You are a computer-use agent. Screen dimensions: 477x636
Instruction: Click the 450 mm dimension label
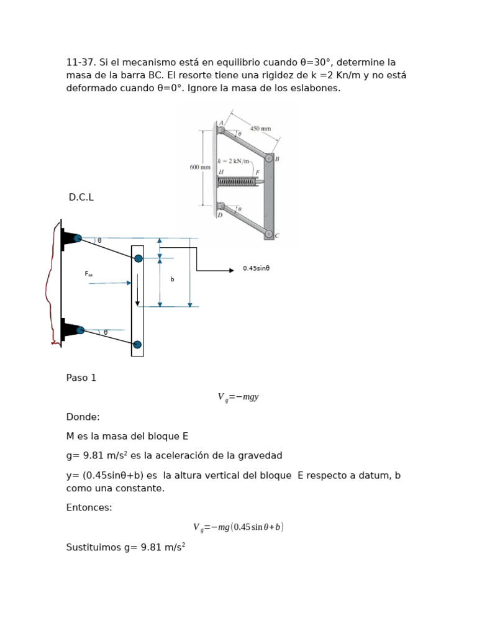click(261, 129)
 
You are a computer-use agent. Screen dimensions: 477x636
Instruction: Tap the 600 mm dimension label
click(199, 167)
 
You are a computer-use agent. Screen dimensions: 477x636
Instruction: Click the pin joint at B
click(268, 158)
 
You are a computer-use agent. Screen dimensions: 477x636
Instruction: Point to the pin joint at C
click(268, 234)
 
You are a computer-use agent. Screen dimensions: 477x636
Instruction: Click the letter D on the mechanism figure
click(220, 216)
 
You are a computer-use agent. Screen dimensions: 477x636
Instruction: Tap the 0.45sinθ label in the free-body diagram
click(256, 269)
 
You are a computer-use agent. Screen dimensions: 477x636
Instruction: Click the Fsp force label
click(89, 273)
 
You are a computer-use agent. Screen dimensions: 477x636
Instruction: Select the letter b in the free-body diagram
click(172, 279)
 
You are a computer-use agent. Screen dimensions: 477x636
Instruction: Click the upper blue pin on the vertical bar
click(139, 258)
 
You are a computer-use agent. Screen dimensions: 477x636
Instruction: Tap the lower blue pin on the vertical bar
click(137, 345)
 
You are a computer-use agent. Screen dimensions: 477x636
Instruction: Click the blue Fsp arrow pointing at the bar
click(110, 283)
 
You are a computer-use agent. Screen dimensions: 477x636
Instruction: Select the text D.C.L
click(81, 197)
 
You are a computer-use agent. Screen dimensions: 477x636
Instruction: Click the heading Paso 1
click(81, 378)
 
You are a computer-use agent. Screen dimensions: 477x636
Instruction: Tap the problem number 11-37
click(81, 62)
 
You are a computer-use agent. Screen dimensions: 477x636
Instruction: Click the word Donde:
click(83, 417)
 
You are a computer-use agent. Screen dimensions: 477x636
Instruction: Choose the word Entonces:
click(89, 507)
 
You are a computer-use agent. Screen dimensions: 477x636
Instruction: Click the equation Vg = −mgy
click(238, 397)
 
